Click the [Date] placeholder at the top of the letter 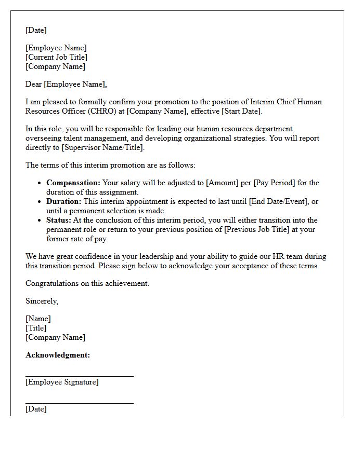36,30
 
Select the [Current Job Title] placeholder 56,57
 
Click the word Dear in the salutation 34,84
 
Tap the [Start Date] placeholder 241,111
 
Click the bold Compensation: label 73,183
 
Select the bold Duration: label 64,201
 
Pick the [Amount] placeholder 223,183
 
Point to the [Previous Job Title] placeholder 262,229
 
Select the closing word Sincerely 42,301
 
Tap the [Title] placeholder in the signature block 36,328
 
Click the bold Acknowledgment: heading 58,355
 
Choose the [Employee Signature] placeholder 62,382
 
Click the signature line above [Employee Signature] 79,376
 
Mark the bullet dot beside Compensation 40,183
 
